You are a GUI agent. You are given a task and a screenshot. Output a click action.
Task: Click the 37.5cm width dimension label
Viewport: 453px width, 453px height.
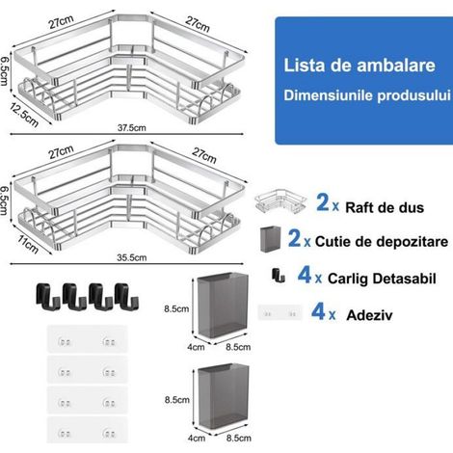[x=132, y=128]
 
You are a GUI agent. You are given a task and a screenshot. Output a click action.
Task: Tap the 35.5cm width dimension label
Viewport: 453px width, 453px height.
[x=132, y=257]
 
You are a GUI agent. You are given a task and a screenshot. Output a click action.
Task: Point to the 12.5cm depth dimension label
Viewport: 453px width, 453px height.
[x=24, y=115]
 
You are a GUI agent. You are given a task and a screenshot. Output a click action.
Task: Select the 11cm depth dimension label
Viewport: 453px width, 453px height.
[x=28, y=245]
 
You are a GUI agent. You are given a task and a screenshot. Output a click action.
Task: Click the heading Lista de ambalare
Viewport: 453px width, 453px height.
[x=360, y=66]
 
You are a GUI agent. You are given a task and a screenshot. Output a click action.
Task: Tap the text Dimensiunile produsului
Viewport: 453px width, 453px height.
[x=367, y=95]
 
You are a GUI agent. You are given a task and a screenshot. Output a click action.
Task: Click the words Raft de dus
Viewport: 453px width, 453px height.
[x=385, y=207]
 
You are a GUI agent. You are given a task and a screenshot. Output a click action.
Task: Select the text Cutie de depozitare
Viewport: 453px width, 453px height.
[x=382, y=242]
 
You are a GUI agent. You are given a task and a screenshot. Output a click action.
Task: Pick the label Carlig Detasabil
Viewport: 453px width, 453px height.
[x=382, y=279]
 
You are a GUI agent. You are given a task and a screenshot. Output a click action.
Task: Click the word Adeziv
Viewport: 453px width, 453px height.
[x=369, y=315]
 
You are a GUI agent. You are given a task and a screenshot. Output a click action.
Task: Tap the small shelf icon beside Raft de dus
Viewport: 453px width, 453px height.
[x=280, y=201]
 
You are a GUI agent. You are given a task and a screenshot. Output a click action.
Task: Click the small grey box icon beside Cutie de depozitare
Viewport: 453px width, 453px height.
[x=270, y=239]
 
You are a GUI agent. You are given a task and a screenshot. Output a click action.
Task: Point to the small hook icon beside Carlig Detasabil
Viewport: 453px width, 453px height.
[x=279, y=276]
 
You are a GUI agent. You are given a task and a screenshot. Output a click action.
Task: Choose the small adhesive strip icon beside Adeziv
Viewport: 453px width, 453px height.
[x=280, y=312]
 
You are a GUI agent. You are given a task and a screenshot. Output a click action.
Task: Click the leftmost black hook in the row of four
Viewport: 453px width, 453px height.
[x=47, y=296]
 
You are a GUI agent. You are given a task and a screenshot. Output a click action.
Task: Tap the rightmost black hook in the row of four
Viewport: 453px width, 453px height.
[x=126, y=296]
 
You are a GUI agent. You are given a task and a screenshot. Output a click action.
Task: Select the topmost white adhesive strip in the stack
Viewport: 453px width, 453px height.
[x=87, y=339]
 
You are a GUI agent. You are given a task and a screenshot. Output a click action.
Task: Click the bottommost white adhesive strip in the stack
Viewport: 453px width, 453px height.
[x=87, y=430]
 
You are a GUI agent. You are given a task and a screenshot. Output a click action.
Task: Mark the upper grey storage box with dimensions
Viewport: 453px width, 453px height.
[x=223, y=306]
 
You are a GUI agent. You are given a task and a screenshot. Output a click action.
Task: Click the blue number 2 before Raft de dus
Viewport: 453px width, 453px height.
[x=323, y=202]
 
